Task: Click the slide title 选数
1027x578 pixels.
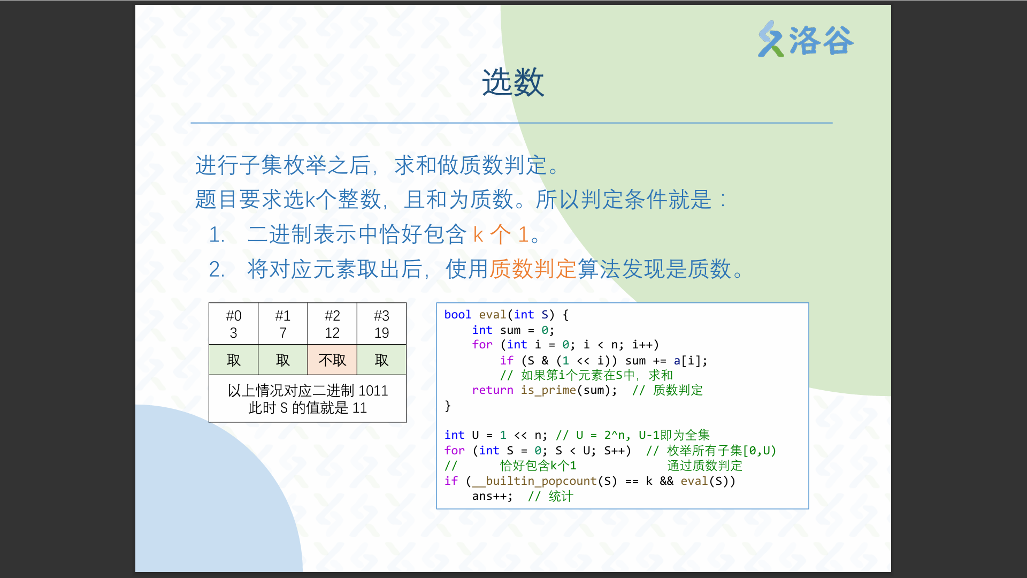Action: [513, 82]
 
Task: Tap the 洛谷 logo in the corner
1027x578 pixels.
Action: [806, 40]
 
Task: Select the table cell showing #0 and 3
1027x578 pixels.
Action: [234, 324]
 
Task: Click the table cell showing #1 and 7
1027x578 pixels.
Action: [283, 324]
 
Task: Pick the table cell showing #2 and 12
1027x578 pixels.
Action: [332, 324]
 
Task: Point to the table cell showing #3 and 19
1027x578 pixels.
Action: [381, 324]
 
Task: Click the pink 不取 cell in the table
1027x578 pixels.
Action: [332, 360]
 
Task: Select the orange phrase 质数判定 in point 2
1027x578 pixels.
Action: [533, 269]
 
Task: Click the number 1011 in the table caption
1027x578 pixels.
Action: [373, 391]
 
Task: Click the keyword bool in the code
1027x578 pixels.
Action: [458, 315]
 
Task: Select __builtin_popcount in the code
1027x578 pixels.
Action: [541, 481]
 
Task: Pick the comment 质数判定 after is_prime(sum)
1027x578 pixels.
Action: [678, 390]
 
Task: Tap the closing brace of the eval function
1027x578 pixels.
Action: [448, 406]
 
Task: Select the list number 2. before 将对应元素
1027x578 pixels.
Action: [217, 269]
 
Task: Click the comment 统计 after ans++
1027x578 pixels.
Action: [561, 496]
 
